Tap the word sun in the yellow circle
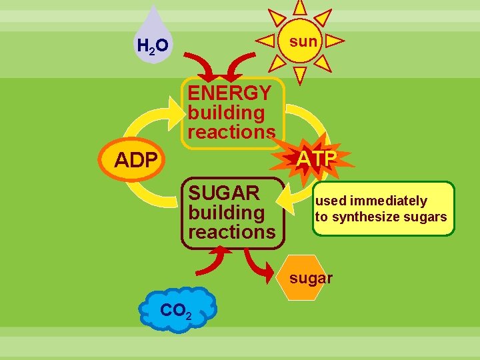click(303, 41)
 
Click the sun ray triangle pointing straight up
click(300, 7)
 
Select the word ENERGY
click(229, 93)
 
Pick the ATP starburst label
click(315, 159)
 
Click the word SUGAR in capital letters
click(223, 193)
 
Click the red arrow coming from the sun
click(239, 65)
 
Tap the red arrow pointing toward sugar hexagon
click(259, 265)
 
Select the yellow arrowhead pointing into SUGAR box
click(289, 199)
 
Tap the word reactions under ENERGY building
click(231, 132)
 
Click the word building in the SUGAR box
click(226, 213)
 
